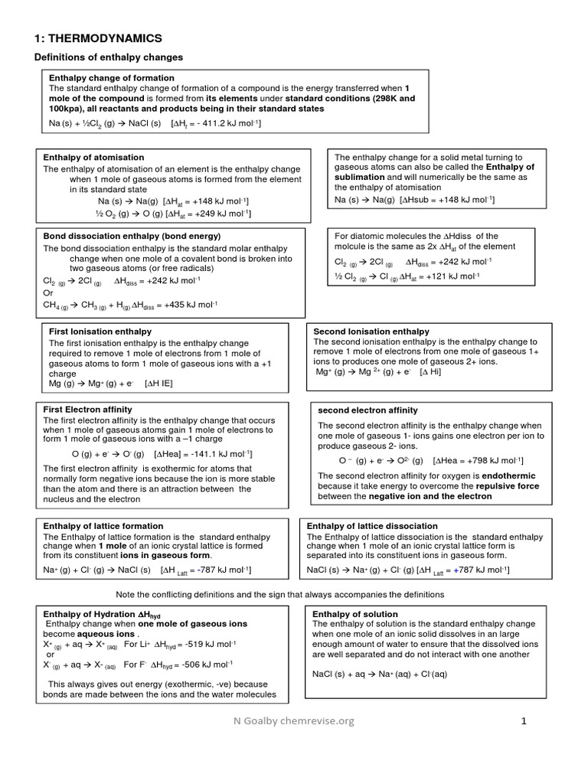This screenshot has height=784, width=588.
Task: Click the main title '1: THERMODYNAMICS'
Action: coord(99,38)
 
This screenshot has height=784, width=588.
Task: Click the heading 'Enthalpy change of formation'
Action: coord(112,78)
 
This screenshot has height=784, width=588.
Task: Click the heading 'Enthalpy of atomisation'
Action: coord(93,157)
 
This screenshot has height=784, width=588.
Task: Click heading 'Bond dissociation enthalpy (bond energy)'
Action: coord(132,236)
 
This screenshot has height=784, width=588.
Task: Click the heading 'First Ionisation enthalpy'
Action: coord(100,332)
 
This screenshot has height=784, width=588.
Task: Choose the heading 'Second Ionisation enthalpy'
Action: coord(371,332)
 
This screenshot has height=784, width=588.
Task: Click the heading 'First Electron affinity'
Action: coord(87,410)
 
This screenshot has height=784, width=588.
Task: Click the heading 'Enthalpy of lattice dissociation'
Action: coord(372,526)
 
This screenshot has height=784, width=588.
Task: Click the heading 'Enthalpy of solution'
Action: coord(355,614)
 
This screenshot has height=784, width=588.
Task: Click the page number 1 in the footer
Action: coord(524,720)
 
